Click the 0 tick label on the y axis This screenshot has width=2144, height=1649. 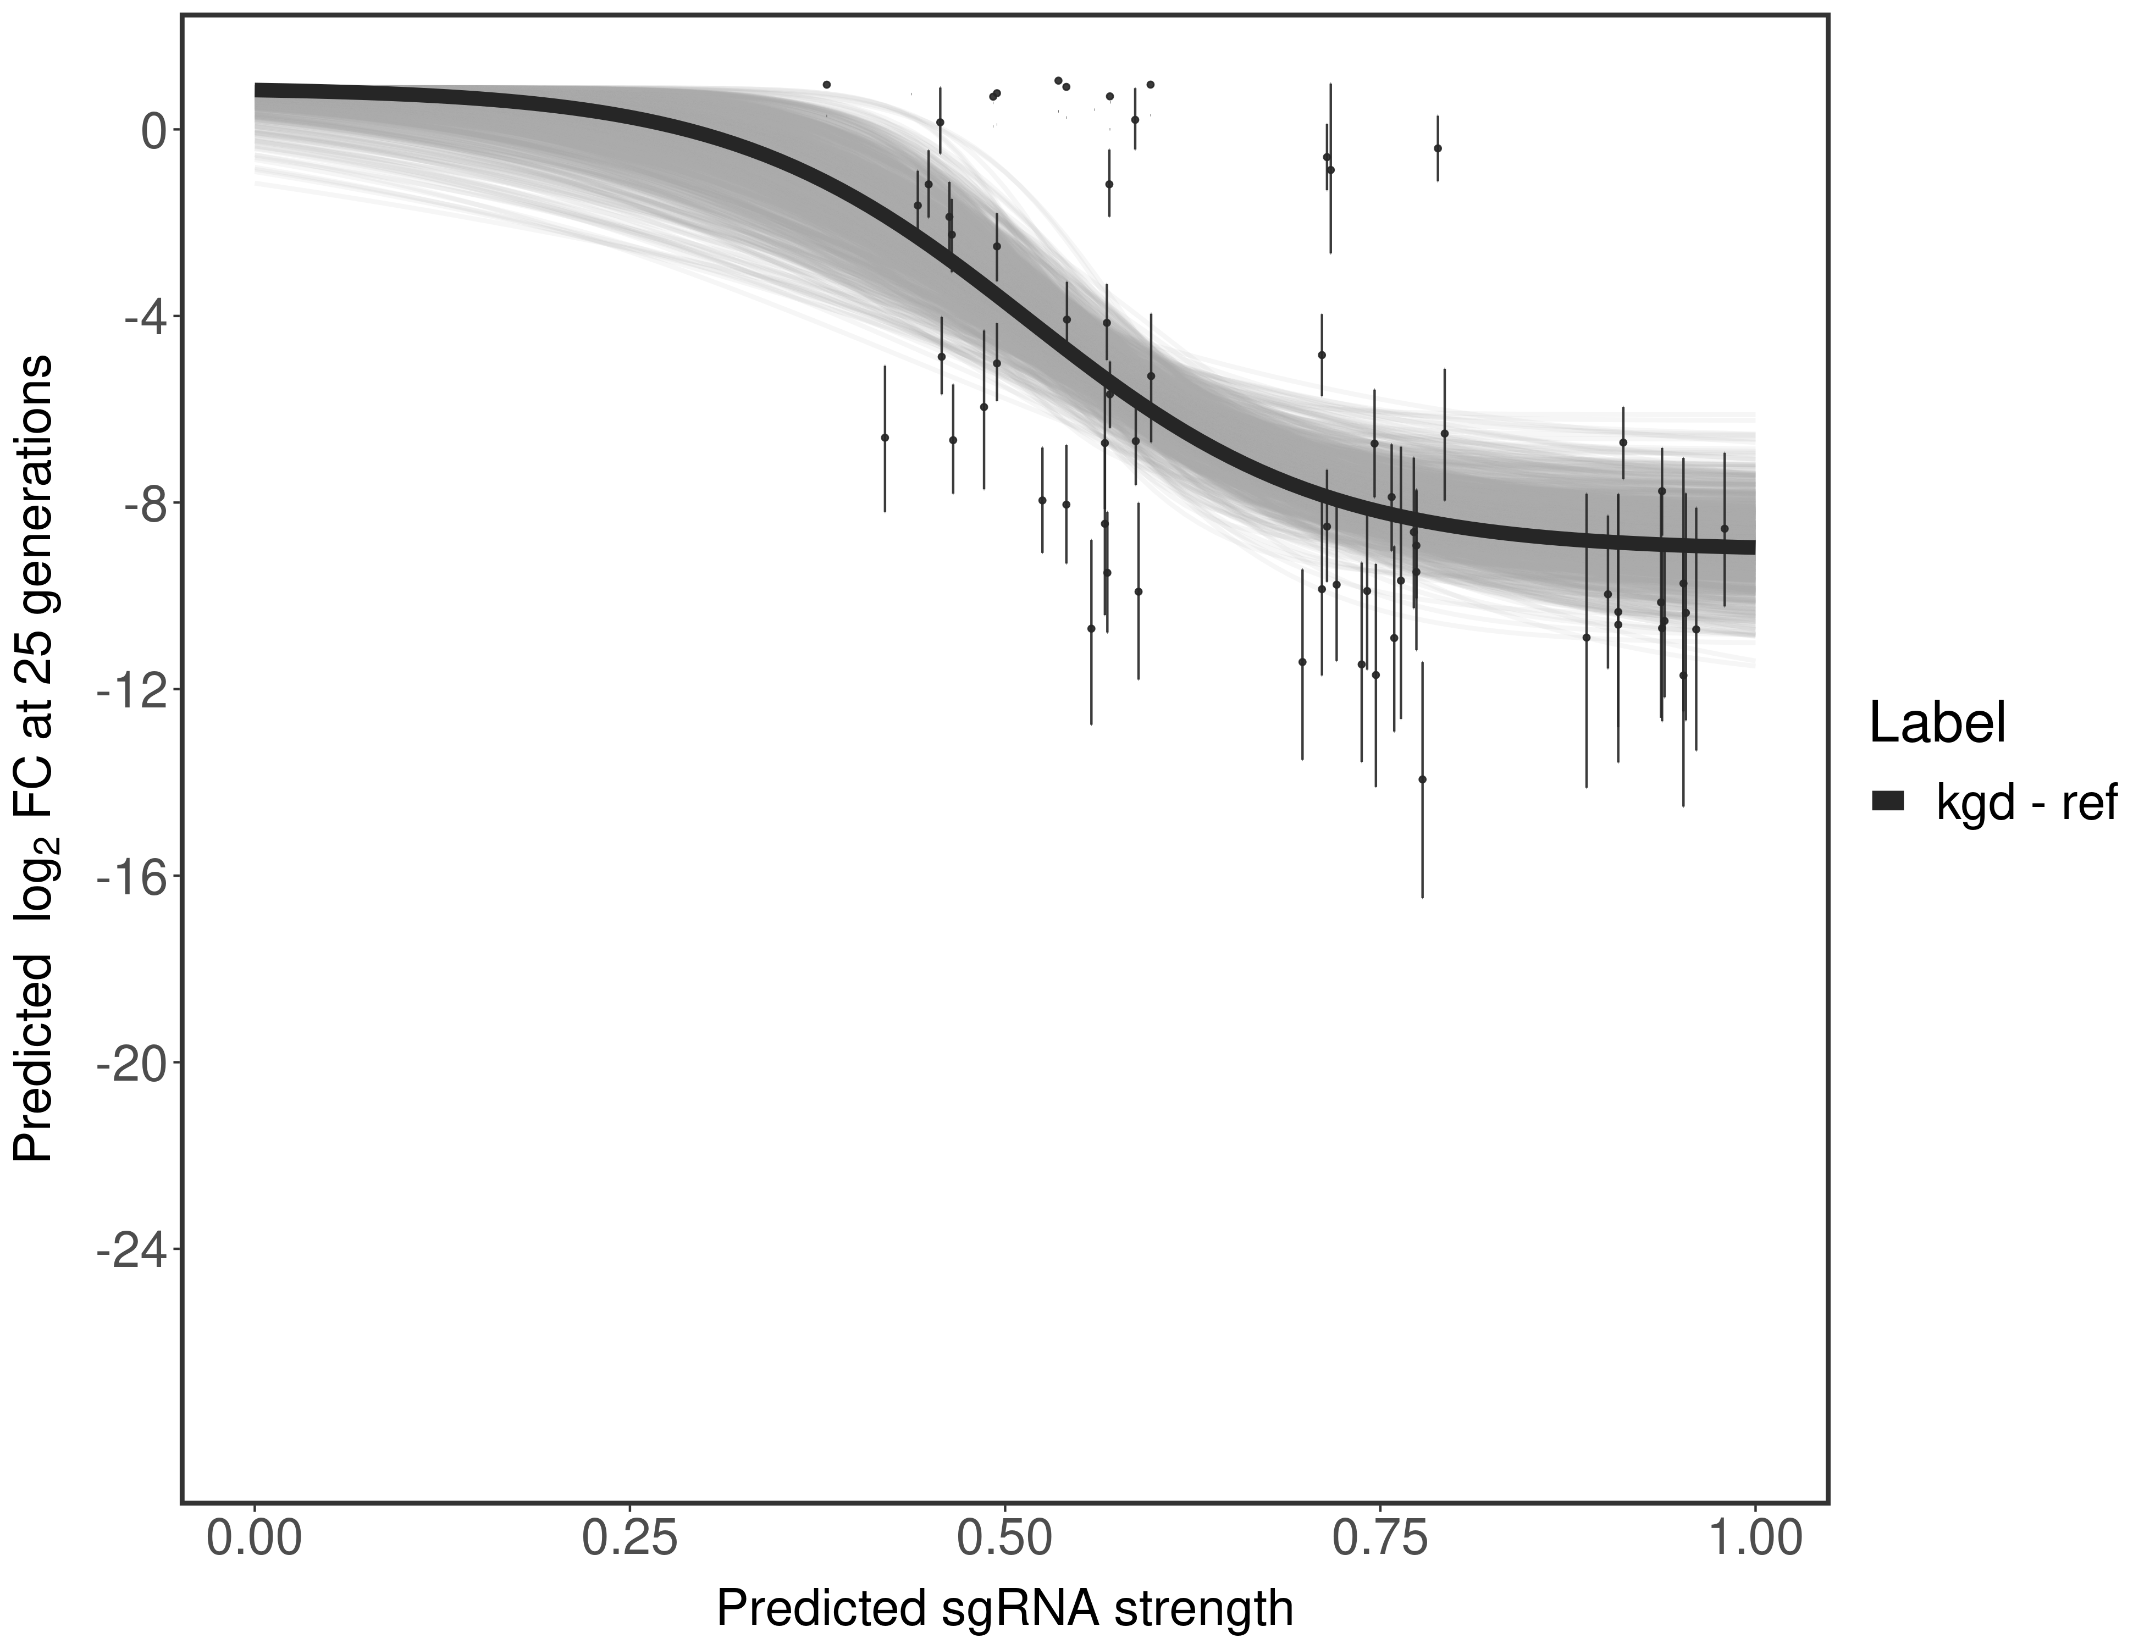[153, 131]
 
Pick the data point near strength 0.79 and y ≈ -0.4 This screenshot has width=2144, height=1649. [1437, 148]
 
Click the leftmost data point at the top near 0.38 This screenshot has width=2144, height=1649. [827, 85]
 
